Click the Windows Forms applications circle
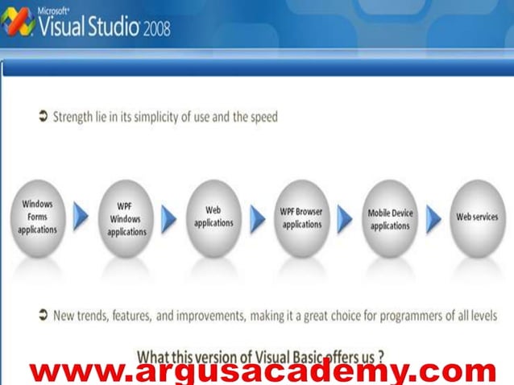38,217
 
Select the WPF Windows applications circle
126,218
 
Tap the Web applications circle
213,217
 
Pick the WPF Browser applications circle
301,217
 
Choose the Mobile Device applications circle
390,218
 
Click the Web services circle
477,217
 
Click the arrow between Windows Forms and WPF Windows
81,217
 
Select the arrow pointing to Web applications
169,217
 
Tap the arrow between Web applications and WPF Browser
257,217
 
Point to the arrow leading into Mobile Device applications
345,217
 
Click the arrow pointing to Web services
433,217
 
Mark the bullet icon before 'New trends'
43,315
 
